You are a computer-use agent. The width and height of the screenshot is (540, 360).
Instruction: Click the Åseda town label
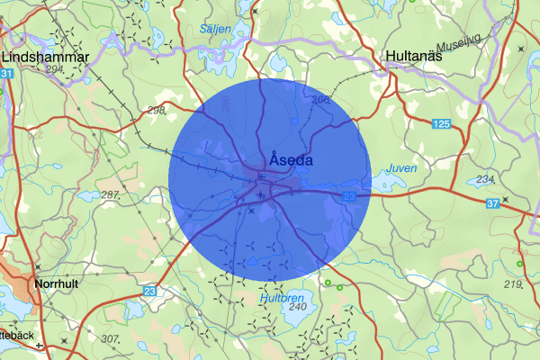290,160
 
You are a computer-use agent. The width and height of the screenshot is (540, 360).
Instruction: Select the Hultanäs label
417,55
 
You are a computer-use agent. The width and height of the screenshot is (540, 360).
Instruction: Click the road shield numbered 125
440,122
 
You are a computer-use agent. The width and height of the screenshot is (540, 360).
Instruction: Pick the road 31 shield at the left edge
6,73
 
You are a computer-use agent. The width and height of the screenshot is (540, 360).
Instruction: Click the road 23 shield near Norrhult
148,291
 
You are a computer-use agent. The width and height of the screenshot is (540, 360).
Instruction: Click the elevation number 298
156,110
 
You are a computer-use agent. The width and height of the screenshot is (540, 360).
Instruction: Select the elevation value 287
111,195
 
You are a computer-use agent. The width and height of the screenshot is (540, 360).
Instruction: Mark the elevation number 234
485,179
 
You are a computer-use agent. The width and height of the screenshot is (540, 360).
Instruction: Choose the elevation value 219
513,284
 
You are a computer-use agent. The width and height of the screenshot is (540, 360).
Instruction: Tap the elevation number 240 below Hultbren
298,307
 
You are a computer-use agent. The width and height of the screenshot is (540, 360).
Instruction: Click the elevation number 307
110,339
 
